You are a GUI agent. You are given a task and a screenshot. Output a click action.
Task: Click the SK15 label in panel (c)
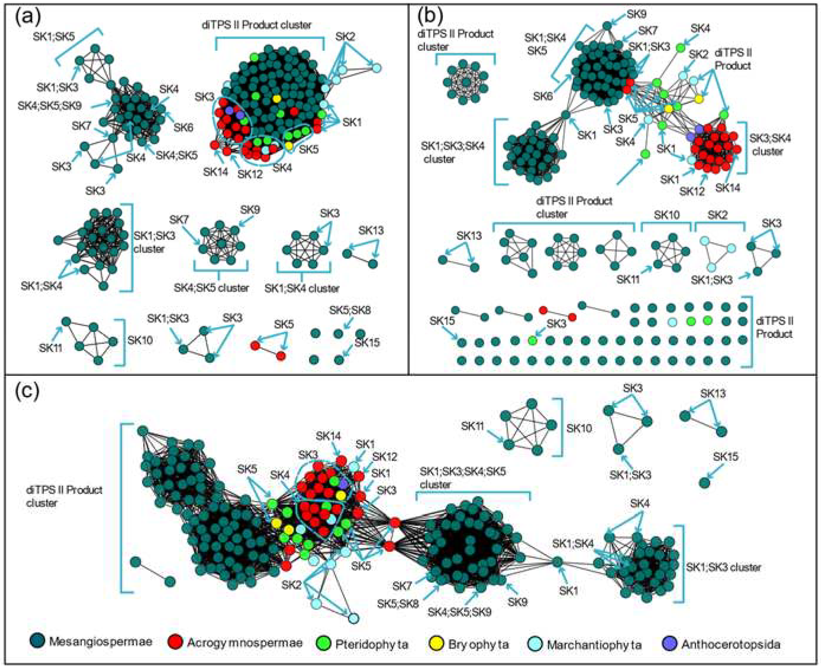(x=725, y=457)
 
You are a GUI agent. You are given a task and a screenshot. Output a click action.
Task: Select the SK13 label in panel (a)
(x=371, y=231)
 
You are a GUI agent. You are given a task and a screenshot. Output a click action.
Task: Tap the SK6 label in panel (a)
(x=183, y=127)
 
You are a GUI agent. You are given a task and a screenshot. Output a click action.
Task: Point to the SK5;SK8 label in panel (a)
(x=350, y=310)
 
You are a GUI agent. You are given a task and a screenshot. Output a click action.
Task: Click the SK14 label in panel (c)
(x=328, y=436)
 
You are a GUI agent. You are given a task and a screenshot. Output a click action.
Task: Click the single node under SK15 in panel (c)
(x=704, y=482)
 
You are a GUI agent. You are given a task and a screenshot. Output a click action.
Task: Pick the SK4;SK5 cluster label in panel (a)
(x=211, y=288)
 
